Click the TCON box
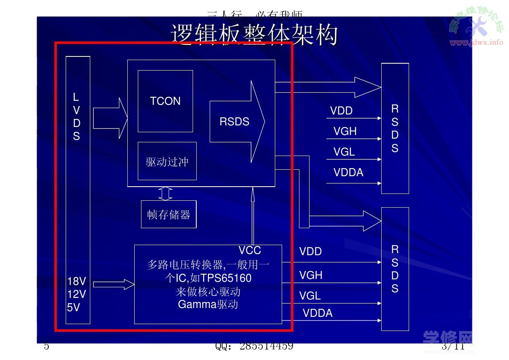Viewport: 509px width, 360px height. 165,101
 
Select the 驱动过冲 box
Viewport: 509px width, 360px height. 167,161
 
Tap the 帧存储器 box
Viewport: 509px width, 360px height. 168,214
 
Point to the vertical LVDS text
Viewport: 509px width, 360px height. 76,117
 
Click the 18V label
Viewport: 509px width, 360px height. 76,281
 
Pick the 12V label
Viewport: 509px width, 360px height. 76,294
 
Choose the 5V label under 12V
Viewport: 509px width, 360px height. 73,308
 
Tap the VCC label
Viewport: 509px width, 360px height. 249,250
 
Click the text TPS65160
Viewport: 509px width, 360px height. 226,278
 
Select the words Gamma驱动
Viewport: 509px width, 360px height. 208,304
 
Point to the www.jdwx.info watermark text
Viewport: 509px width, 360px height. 476,42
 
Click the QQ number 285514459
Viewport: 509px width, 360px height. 266,346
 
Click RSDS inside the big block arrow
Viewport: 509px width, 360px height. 234,121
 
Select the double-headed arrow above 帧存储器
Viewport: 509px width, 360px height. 165,193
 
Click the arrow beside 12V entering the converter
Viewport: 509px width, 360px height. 114,284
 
